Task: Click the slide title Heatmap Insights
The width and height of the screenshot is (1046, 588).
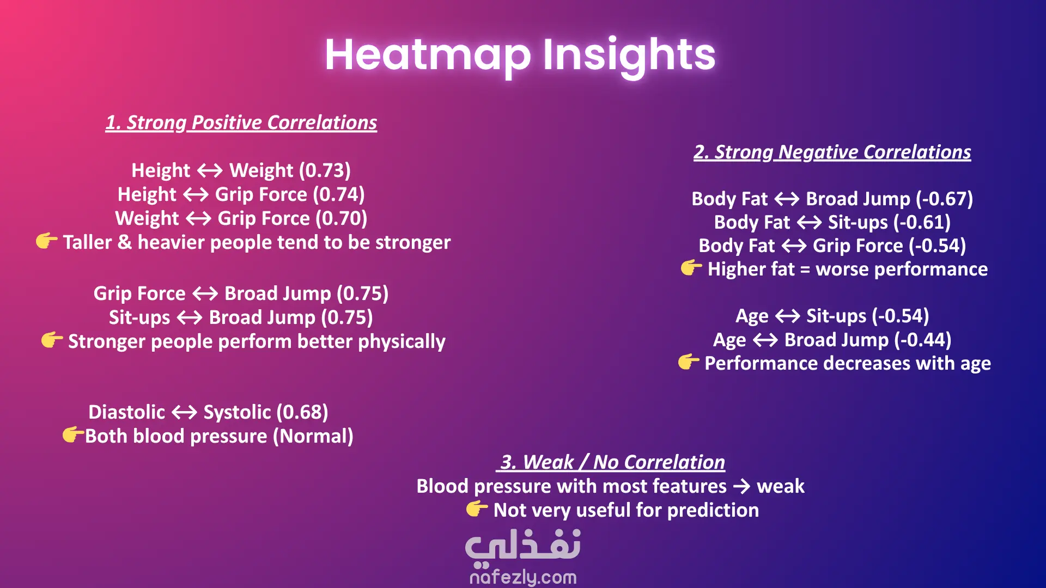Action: point(520,56)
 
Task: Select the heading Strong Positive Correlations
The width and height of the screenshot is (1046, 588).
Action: point(241,122)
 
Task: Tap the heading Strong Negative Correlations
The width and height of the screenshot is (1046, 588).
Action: point(832,152)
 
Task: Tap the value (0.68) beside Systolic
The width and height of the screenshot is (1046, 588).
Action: point(302,412)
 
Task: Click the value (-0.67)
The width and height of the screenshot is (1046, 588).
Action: point(944,199)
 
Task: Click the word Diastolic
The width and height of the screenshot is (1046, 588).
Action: point(126,412)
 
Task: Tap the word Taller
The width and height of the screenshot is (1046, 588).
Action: point(87,242)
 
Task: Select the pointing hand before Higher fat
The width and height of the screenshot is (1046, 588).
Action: point(691,267)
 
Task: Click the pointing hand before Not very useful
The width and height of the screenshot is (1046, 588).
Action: point(477,509)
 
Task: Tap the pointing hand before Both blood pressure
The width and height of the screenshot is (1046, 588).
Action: point(73,434)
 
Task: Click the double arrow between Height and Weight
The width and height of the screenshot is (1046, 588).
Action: point(210,171)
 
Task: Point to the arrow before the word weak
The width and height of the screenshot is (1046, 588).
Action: point(742,486)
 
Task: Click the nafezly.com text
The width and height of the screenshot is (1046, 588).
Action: point(523,577)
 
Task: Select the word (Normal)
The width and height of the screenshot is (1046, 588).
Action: point(313,436)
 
